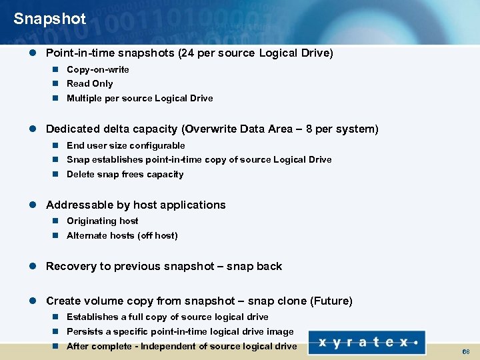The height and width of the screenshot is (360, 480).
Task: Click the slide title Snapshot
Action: (x=49, y=19)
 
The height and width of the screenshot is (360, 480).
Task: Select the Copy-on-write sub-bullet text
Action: (x=97, y=69)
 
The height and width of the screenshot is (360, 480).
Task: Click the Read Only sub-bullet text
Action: (x=89, y=83)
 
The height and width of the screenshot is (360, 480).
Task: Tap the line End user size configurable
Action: (x=125, y=145)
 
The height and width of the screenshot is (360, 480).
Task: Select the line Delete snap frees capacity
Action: (x=125, y=174)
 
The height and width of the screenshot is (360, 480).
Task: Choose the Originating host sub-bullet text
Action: (x=102, y=221)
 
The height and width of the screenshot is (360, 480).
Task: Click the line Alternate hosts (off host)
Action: (x=122, y=235)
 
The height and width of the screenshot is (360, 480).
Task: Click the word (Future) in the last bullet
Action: (x=331, y=301)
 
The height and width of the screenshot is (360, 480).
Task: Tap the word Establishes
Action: (x=93, y=317)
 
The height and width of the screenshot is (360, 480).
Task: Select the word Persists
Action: (x=85, y=331)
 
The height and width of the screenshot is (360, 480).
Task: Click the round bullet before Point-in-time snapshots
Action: (x=36, y=53)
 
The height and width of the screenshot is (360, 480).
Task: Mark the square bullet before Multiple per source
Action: (x=57, y=98)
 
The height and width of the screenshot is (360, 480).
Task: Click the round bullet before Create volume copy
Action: (x=36, y=301)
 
